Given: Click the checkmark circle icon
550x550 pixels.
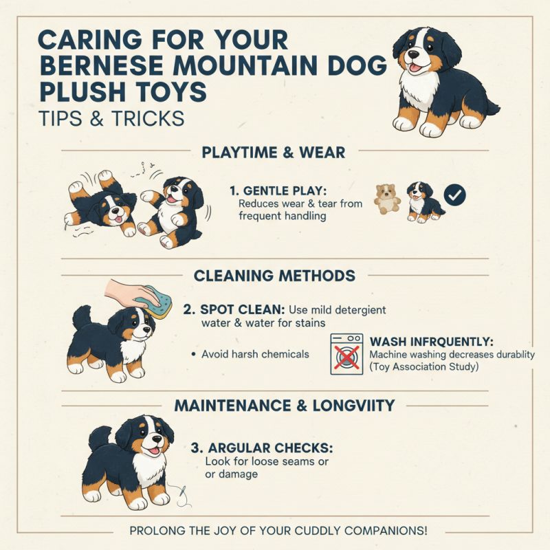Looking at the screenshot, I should [454, 195].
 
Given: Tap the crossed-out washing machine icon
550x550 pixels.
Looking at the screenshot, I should [346, 353].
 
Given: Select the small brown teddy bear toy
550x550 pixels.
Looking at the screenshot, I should [386, 199].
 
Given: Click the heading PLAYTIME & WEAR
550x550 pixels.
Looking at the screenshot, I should [274, 152].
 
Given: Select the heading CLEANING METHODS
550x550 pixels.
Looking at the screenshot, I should [274, 276].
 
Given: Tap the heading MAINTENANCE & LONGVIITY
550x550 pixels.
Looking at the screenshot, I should [285, 406].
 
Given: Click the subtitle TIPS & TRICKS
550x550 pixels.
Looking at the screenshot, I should [111, 118].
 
